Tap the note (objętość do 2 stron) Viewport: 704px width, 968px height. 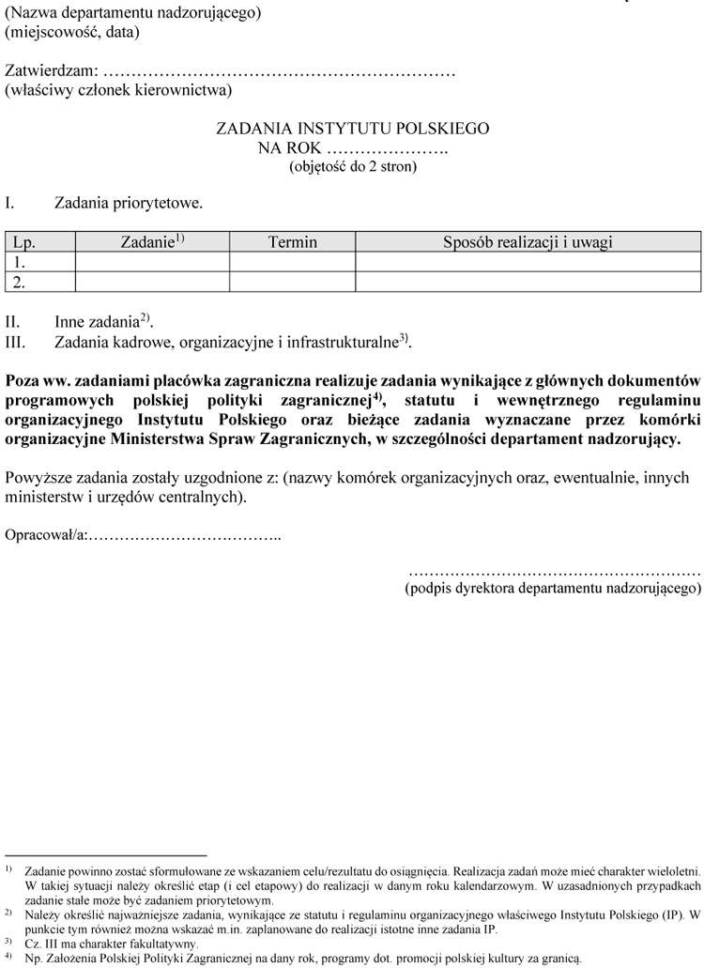click(352, 167)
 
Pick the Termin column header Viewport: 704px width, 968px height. click(293, 242)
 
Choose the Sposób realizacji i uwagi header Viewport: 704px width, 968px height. click(528, 242)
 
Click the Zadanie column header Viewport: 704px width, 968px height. click(152, 242)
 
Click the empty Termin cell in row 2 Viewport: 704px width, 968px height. click(293, 281)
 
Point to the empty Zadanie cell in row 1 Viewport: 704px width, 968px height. click(152, 262)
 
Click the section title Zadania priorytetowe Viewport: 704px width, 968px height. click(129, 203)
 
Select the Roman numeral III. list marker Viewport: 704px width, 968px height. click(20, 343)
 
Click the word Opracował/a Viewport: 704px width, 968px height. click(46, 534)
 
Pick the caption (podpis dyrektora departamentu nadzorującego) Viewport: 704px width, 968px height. click(553, 590)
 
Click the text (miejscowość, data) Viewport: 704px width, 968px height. click(72, 32)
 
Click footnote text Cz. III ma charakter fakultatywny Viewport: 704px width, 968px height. click(112, 944)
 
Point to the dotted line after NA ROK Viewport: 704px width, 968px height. click(387, 148)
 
